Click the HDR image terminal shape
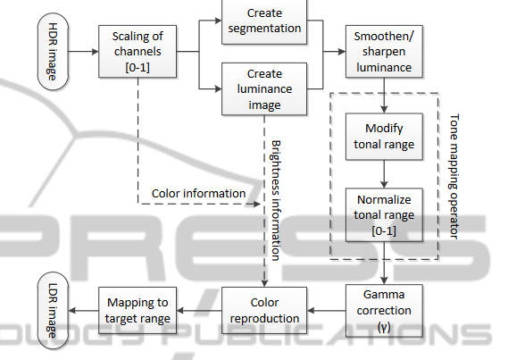[53, 51]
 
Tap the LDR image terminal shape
[53, 311]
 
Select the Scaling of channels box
[137, 52]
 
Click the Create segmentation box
[264, 21]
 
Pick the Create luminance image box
[264, 89]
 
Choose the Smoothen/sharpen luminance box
[384, 52]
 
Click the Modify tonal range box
[384, 137]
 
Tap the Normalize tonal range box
[384, 214]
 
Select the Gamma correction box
[384, 311]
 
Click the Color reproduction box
[264, 311]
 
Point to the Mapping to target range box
[137, 311]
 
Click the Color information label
[198, 194]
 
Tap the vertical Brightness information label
[275, 200]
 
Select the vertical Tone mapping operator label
[454, 177]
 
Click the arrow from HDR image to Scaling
[84, 52]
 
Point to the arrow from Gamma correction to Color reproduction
[327, 311]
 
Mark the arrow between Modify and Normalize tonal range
[384, 174]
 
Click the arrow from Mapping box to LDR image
[84, 311]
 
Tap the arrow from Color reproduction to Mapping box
[199, 311]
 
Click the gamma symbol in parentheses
[384, 327]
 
